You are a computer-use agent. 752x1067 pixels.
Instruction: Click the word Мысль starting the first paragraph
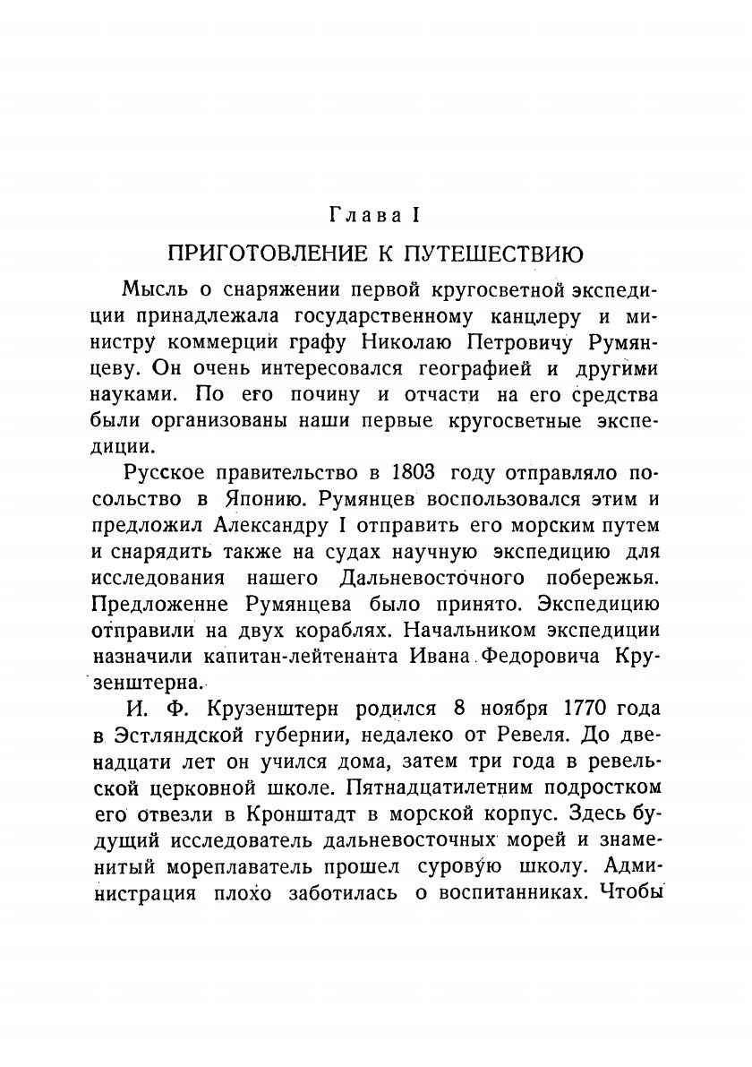(152, 291)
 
